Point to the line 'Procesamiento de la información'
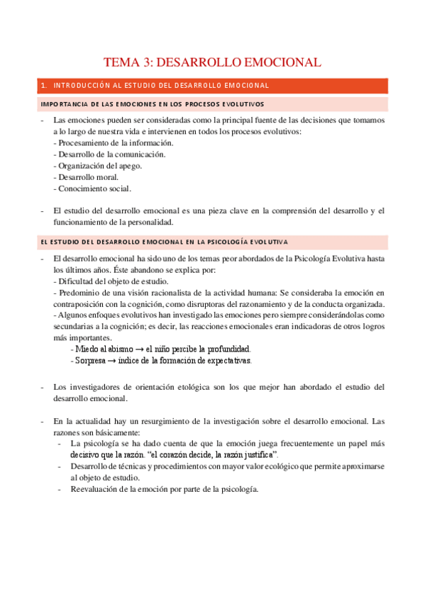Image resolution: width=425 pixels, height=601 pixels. coord(114,142)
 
